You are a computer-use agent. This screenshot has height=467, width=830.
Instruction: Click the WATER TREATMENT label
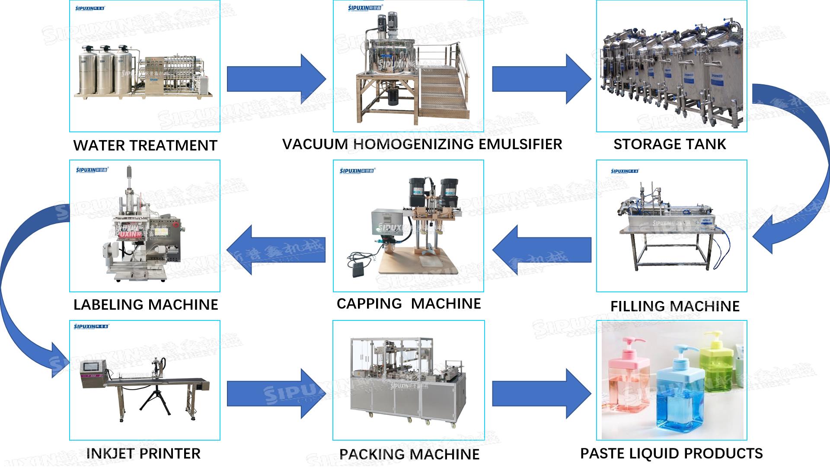click(x=145, y=146)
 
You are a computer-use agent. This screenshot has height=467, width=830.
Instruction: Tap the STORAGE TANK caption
click(x=669, y=144)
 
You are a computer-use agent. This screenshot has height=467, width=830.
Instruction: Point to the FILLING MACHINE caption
click(x=674, y=306)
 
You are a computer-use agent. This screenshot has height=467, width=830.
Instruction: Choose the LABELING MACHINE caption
click(x=146, y=304)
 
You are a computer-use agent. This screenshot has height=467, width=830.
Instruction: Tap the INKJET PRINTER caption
click(x=143, y=454)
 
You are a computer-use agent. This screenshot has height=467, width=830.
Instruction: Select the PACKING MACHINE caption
click(x=409, y=454)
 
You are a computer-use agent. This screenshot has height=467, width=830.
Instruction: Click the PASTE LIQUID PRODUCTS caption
click(x=671, y=453)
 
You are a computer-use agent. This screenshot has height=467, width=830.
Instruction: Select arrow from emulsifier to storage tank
click(x=541, y=79)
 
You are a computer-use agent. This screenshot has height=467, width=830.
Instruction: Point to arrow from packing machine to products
click(x=541, y=393)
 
